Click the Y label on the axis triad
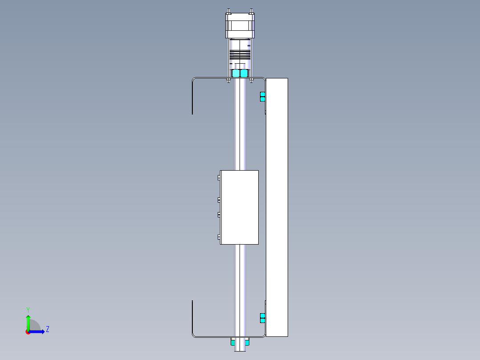point(28,309)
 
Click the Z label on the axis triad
point(47,329)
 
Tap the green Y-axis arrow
point(28,320)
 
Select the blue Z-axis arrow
point(38,331)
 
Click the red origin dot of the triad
point(28,332)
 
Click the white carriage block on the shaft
point(240,207)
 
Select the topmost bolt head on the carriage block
point(219,177)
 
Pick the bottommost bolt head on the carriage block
point(219,237)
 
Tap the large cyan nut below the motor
point(240,73)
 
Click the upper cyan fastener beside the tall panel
point(262,97)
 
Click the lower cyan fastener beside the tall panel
point(262,318)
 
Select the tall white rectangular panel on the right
point(277,207)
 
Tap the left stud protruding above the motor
point(228,11)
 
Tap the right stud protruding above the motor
point(252,11)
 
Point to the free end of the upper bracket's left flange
point(192,113)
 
